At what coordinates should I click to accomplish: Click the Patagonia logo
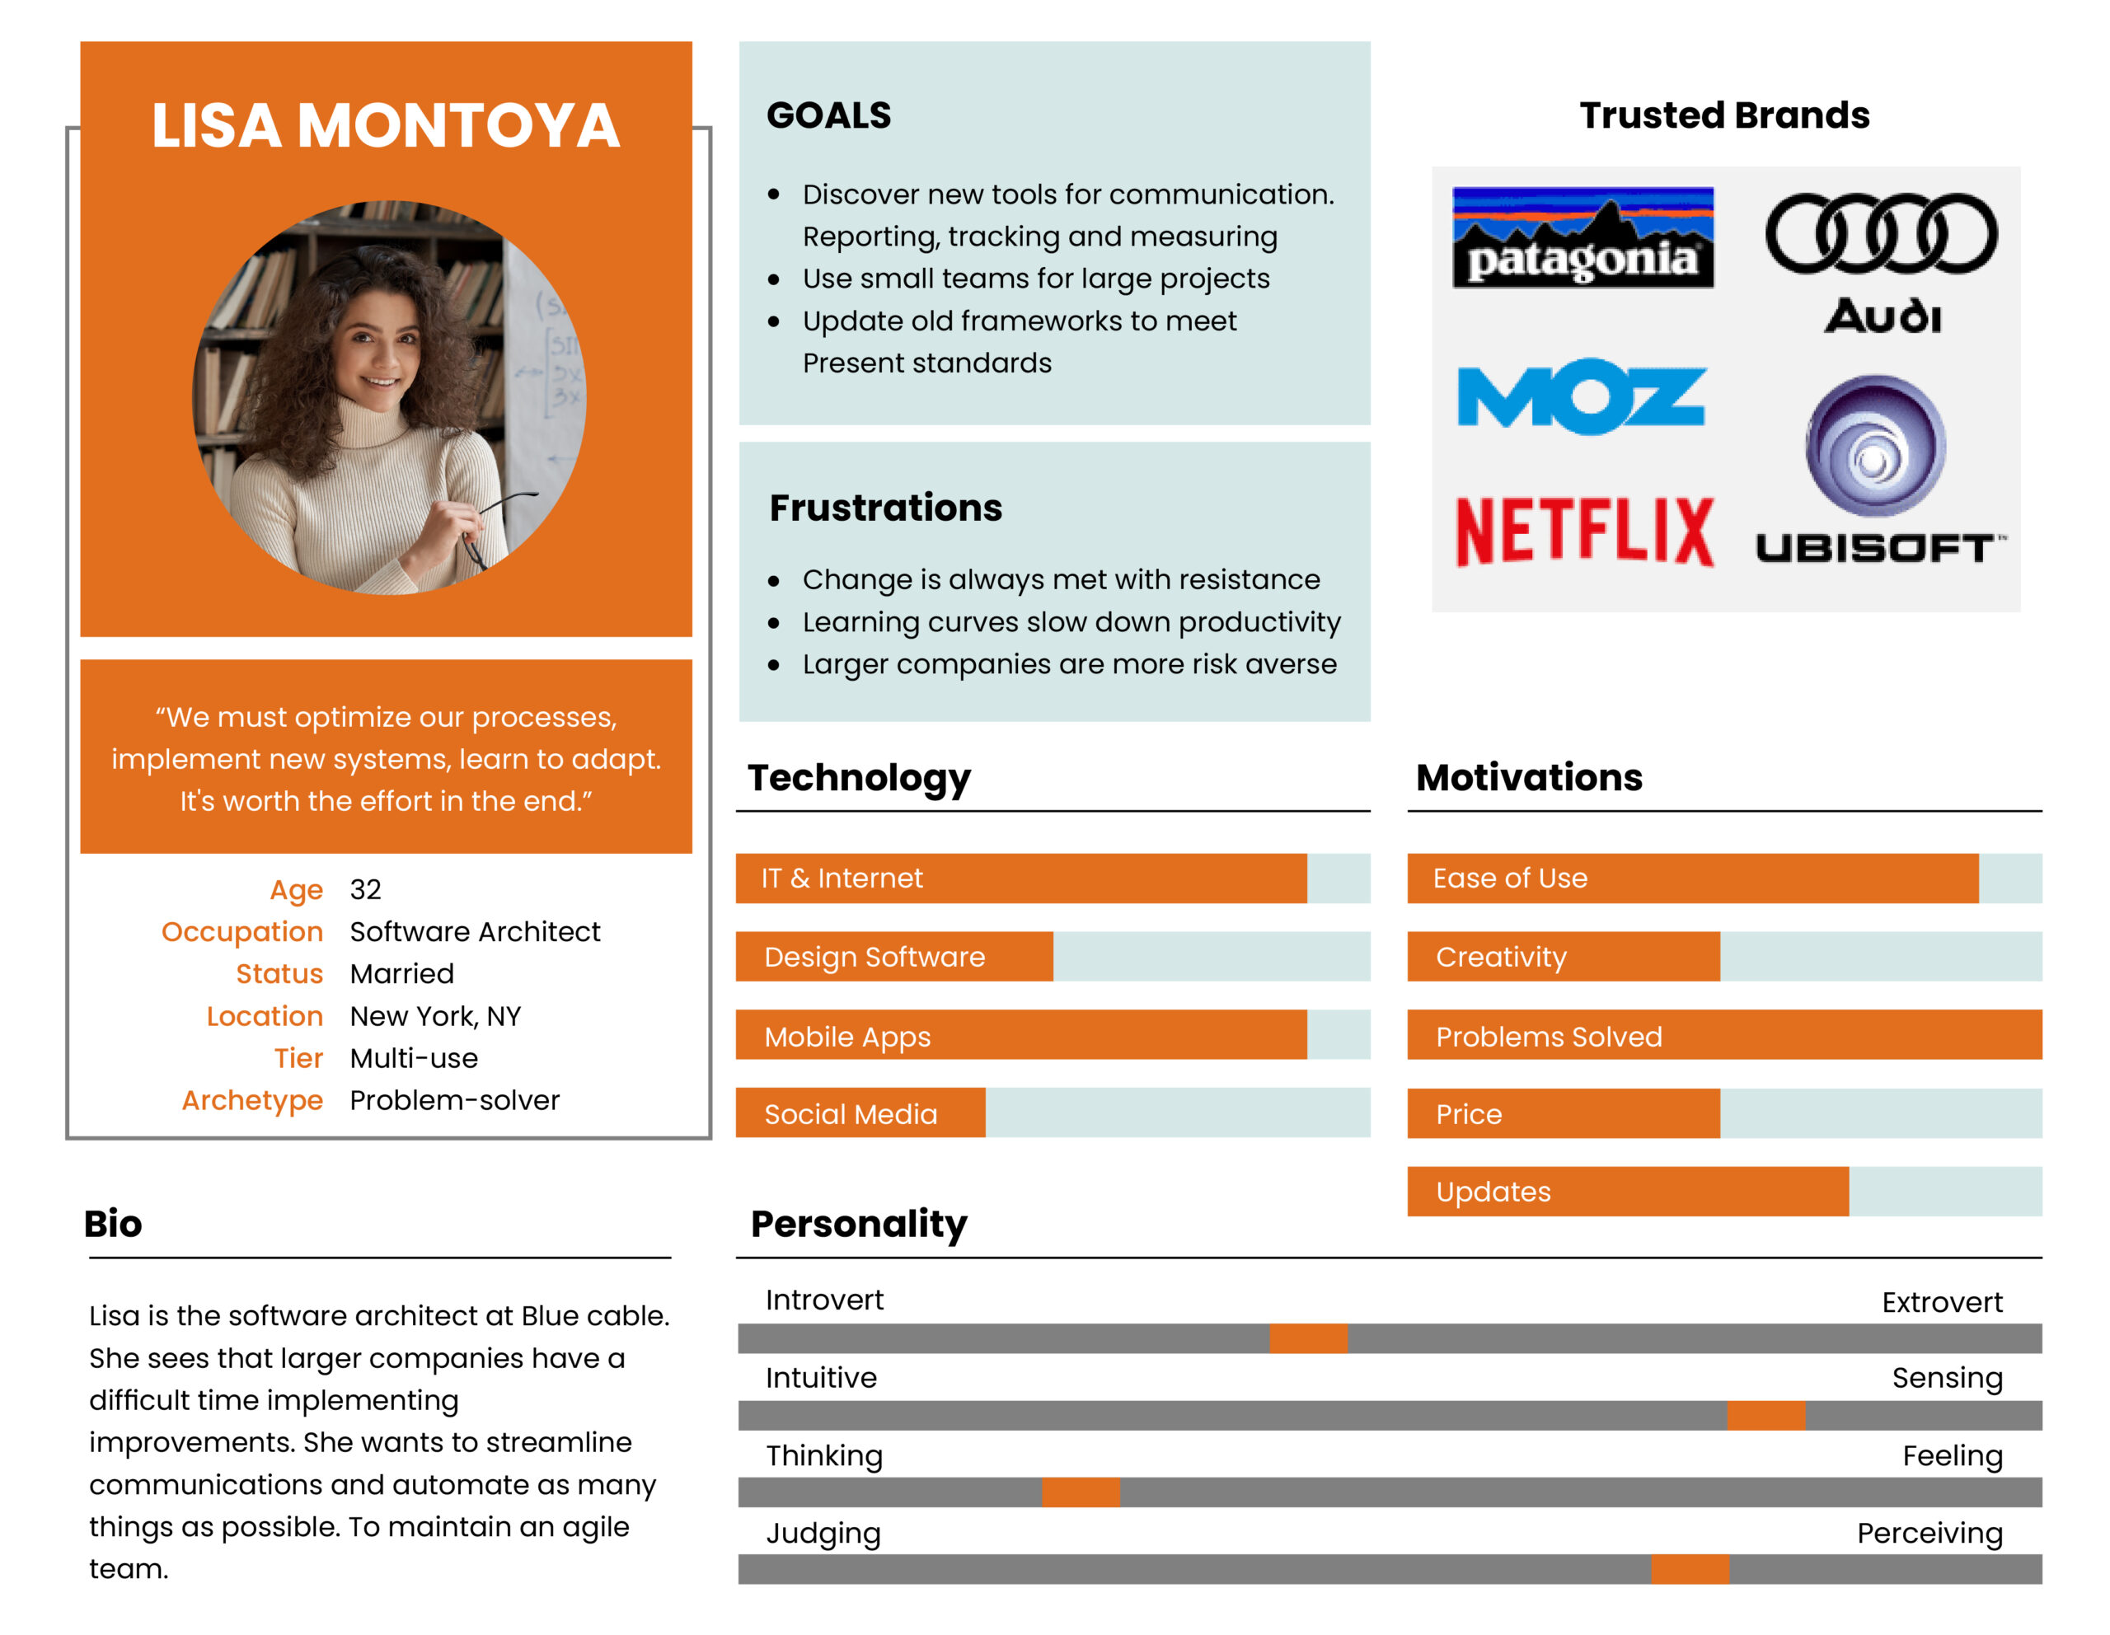tap(1582, 237)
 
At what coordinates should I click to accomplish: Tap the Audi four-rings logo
tap(1880, 234)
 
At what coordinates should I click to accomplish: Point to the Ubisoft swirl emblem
tap(1875, 445)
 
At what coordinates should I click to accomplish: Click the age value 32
tap(365, 889)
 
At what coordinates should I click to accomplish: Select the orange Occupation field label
tap(241, 932)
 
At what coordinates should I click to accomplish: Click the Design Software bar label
tap(874, 957)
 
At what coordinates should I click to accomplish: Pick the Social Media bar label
tap(851, 1114)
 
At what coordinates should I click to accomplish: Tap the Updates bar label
tap(1493, 1192)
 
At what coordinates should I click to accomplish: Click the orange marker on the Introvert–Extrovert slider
tap(1307, 1338)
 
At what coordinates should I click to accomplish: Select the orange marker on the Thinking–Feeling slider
tap(1080, 1492)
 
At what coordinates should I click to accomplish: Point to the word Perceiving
tap(1929, 1533)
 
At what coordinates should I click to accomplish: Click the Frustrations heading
tap(885, 508)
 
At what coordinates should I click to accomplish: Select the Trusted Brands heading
tap(1723, 115)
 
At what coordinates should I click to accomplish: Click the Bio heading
tap(113, 1224)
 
